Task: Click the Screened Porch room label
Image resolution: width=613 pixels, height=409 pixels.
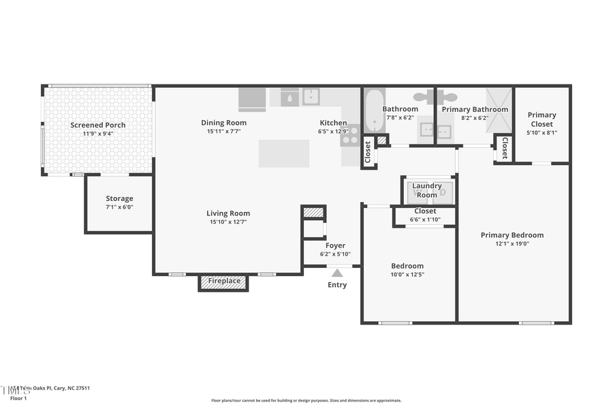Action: coord(98,125)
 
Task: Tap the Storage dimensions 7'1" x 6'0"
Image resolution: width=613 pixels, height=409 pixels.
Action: coord(119,207)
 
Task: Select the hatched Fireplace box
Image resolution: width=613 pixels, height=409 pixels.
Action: coord(223,281)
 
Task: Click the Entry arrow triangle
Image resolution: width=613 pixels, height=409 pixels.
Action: coord(337,273)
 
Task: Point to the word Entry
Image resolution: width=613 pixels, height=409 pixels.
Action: coord(337,285)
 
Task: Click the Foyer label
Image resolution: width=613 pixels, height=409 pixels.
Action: coord(335,245)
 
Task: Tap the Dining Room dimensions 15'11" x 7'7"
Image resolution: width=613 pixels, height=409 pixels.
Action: coord(223,131)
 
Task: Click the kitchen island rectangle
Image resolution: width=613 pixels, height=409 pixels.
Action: coord(284,153)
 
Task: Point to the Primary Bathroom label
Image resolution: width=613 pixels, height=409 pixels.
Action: coord(475,109)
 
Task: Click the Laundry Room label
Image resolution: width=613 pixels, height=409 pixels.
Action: coord(427,190)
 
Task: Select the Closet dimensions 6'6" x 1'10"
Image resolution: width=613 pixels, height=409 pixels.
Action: coord(425,219)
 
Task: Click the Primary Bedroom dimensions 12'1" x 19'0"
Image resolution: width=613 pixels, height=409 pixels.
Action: coord(512,243)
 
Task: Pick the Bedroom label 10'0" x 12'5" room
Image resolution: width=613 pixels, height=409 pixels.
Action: coord(407,266)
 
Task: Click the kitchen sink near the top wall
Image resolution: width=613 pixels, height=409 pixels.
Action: coord(311,97)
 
